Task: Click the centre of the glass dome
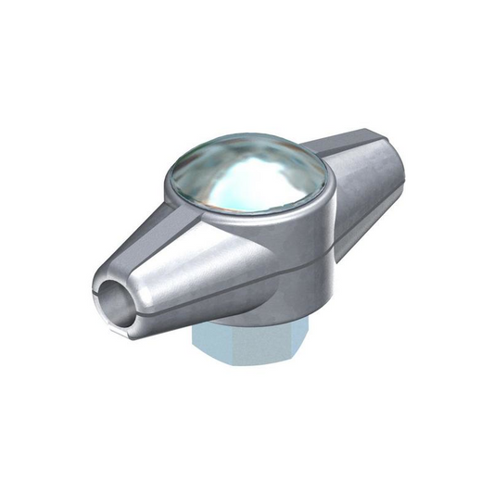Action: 247,183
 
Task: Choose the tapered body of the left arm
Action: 171,269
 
